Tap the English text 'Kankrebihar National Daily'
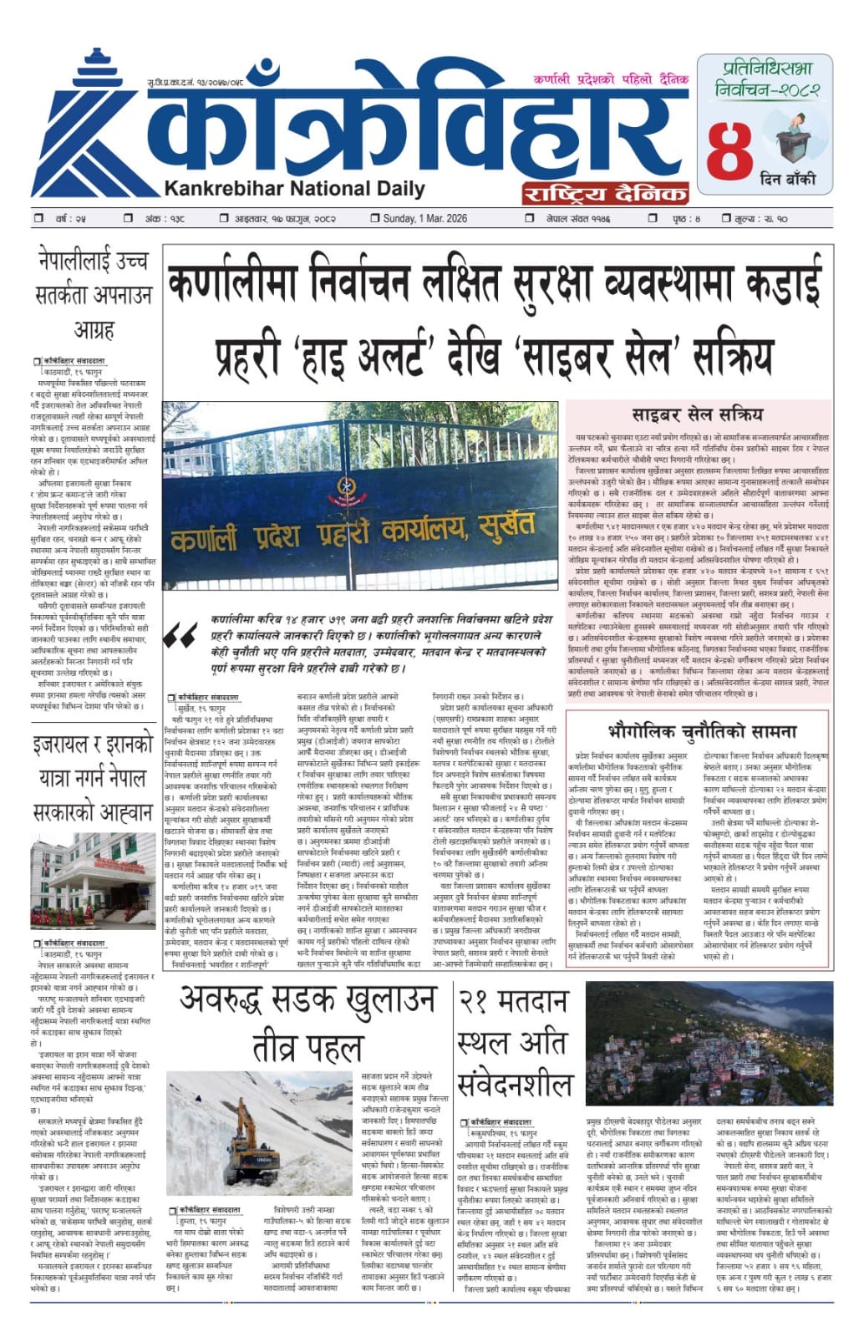point(294,188)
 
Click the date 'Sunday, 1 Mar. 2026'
point(424,219)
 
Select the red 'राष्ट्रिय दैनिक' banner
point(605,194)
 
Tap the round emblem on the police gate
point(346,487)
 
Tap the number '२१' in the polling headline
point(477,1001)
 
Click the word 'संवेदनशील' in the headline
point(514,1085)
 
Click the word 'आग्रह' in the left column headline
point(94,329)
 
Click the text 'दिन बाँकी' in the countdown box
point(787,178)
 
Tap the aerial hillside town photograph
point(709,1045)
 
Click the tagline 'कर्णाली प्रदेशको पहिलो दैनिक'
point(611,79)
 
